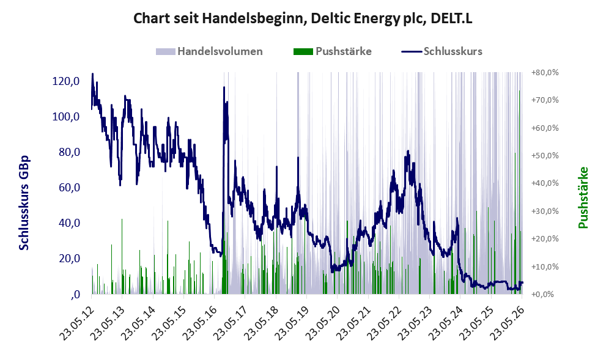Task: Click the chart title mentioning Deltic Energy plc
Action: [303, 18]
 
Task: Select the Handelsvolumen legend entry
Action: [209, 51]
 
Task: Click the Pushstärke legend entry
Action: [333, 51]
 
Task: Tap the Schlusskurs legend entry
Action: [442, 51]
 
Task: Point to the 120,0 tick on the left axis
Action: [66, 81]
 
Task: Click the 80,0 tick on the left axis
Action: [69, 152]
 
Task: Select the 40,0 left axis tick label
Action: [69, 223]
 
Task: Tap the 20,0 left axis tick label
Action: [69, 259]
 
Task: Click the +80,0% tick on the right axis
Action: [545, 73]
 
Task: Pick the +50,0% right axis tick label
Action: [545, 156]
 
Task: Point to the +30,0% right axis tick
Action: [545, 211]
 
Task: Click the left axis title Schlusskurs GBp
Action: [24, 203]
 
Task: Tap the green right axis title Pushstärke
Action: [583, 197]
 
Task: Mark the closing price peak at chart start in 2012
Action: [92, 73]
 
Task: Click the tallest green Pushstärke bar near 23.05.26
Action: [519, 193]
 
